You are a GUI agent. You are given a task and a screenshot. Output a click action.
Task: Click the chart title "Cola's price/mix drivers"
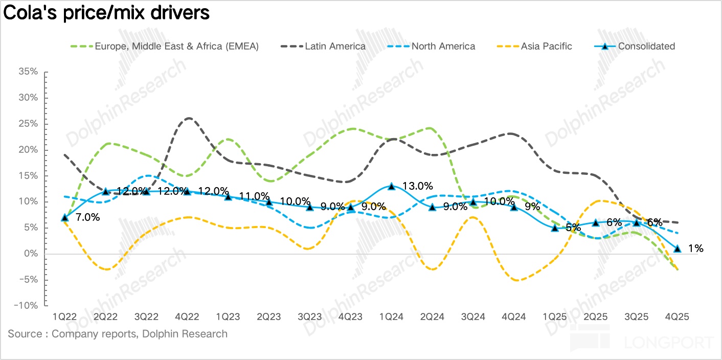pos(106,13)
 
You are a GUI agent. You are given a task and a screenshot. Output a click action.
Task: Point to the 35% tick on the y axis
pos(28,72)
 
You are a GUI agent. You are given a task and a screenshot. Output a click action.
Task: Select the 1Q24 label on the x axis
pos(391,317)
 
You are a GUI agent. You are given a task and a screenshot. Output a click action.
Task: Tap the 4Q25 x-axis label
pos(677,317)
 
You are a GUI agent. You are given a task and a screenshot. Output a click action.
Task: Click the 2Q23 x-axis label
pos(268,317)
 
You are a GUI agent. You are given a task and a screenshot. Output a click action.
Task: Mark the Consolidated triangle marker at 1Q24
pos(391,187)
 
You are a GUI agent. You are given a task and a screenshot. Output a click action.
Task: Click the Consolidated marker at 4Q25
pos(677,249)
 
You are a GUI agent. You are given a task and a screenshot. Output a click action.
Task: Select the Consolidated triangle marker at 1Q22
pos(64,218)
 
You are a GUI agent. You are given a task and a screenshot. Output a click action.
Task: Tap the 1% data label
pos(695,249)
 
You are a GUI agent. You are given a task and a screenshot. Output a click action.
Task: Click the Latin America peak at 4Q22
pos(188,118)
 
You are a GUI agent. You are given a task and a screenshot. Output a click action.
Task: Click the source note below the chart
pos(118,334)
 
